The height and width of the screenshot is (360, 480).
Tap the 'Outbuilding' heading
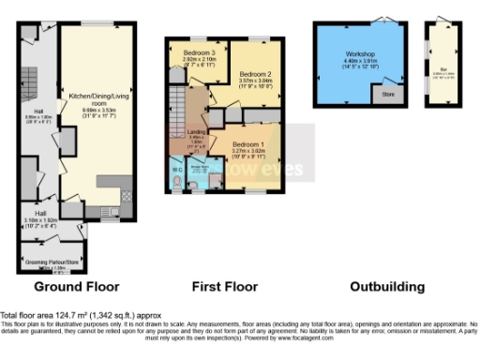[386, 286]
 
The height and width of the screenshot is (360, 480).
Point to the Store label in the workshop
[388, 94]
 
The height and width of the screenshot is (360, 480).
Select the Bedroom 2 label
[255, 73]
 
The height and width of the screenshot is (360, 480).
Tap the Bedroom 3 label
[200, 52]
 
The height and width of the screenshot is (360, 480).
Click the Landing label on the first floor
[197, 132]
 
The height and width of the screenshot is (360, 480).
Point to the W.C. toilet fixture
[178, 184]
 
